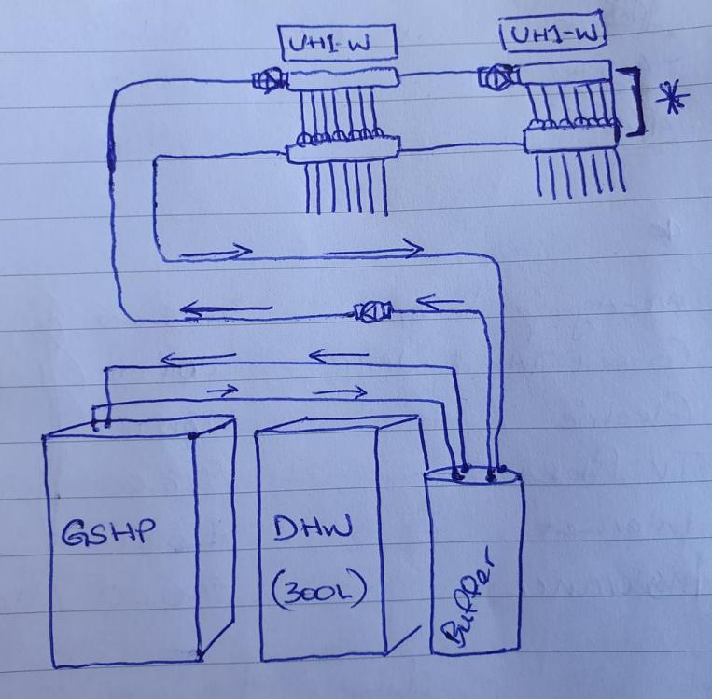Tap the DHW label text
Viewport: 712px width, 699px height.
tap(313, 528)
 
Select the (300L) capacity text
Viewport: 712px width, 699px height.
tap(319, 590)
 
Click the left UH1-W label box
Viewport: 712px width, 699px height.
tap(339, 43)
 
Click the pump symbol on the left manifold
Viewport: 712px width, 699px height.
tap(270, 80)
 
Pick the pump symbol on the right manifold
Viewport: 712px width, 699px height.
tap(498, 78)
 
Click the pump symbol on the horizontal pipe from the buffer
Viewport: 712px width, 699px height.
tap(372, 311)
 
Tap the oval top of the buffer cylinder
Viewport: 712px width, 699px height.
tap(472, 475)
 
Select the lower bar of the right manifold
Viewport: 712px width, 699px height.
tap(571, 138)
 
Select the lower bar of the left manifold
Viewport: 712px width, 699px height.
tap(343, 150)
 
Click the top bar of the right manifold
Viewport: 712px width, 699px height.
tap(565, 73)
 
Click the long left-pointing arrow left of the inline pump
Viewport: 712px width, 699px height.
tap(226, 309)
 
